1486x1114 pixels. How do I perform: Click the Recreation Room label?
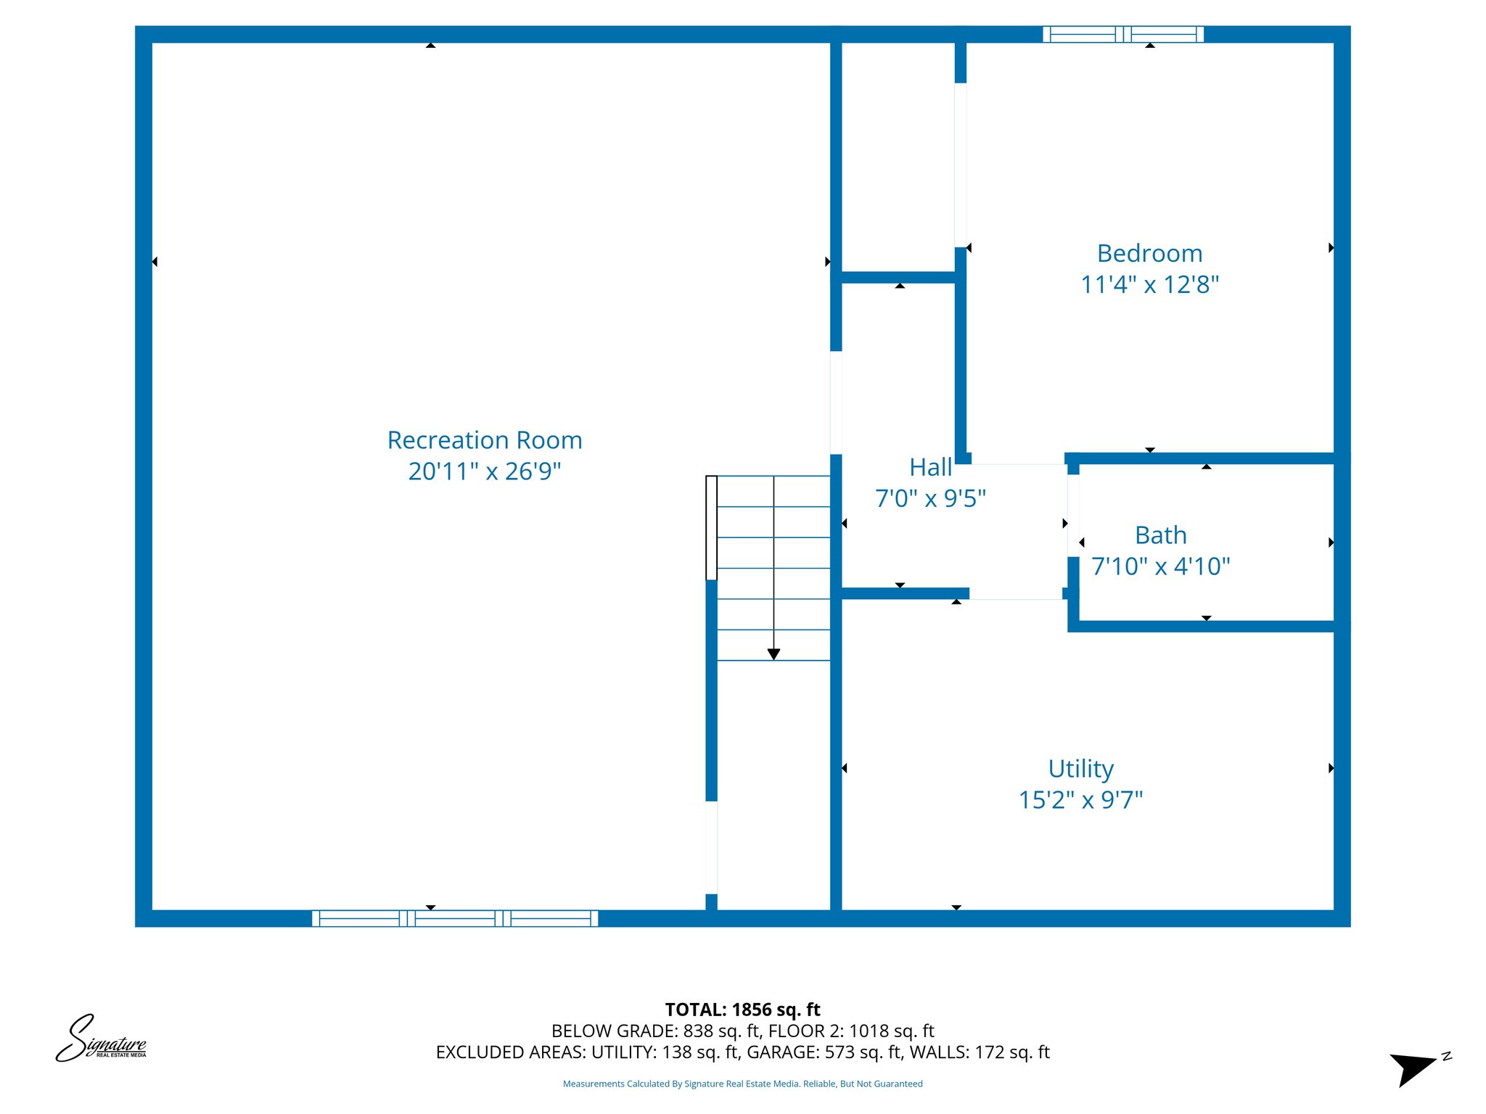pos(485,440)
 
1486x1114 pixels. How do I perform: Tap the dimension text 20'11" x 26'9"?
pos(485,471)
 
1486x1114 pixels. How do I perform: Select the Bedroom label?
pos(1149,254)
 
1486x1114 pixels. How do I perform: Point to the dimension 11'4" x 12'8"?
pos(1149,284)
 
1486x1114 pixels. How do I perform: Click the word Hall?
pos(930,468)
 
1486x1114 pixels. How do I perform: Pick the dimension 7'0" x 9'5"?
pos(930,499)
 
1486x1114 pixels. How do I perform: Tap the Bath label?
pos(1160,535)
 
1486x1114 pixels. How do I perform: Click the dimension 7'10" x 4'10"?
pos(1160,566)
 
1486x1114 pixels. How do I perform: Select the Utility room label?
pos(1080,769)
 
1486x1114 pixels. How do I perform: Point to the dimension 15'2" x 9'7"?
pos(1080,800)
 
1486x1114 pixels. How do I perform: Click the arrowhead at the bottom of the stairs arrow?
pos(773,654)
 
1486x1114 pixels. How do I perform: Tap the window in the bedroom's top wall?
pos(1122,34)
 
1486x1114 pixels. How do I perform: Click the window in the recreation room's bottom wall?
pos(455,918)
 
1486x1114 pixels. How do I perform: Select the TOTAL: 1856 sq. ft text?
pos(742,1010)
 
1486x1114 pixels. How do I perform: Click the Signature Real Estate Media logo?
pos(102,1039)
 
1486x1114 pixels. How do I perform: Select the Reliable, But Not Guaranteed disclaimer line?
pos(742,1084)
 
